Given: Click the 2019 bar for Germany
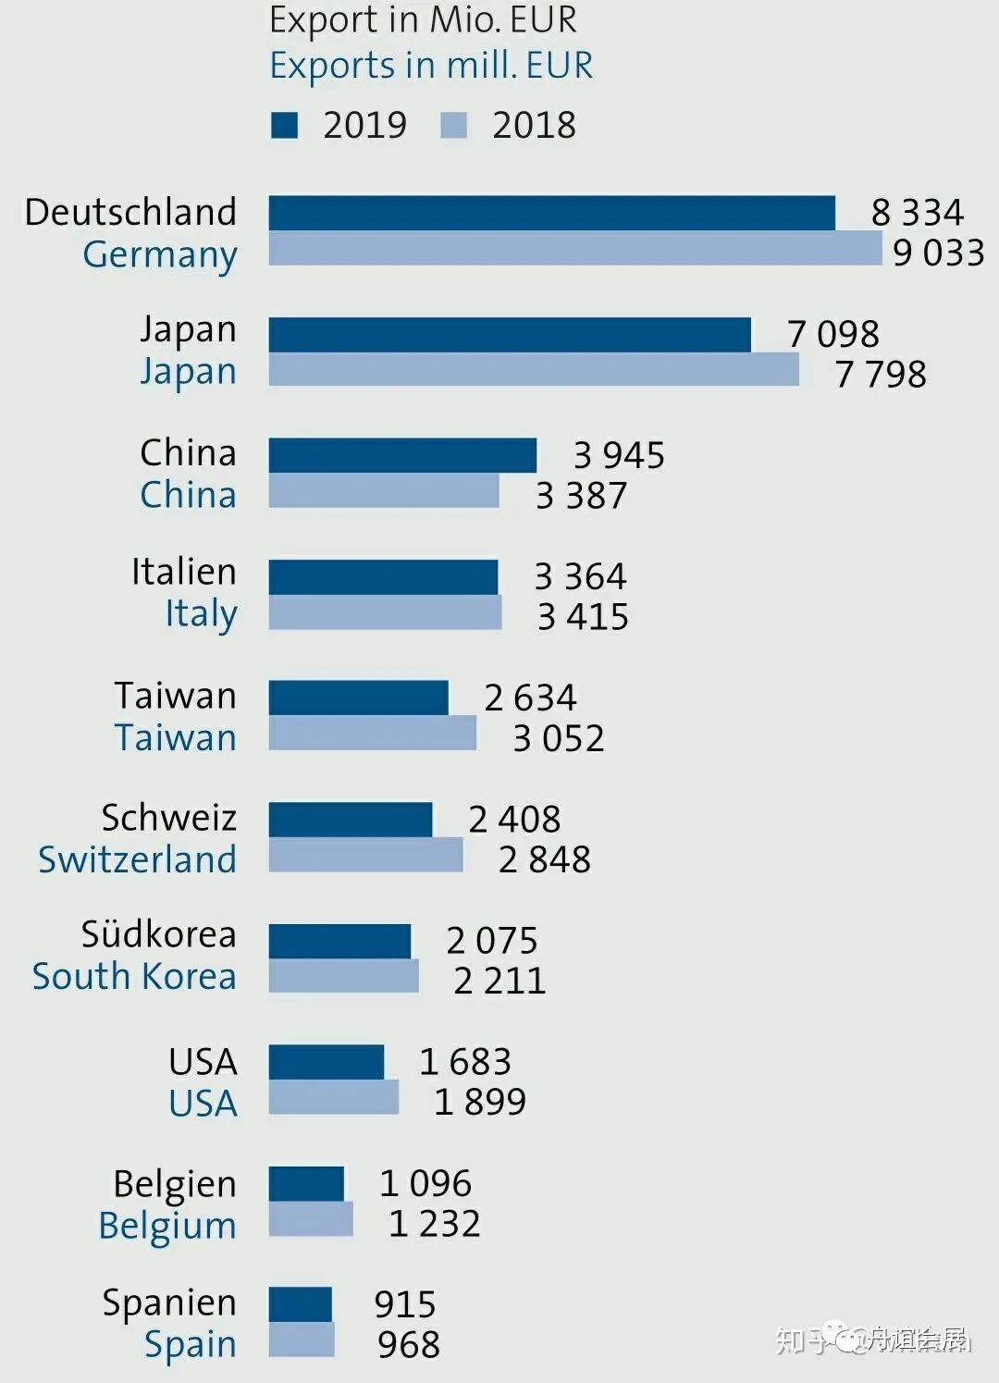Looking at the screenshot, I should [551, 213].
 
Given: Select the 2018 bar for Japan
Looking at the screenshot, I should [534, 369].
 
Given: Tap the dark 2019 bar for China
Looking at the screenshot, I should [402, 455].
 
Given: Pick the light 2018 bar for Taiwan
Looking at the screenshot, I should [372, 734].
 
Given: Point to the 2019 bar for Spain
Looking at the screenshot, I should [300, 1304].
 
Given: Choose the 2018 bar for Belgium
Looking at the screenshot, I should [310, 1219].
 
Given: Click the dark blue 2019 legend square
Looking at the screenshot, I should [284, 125].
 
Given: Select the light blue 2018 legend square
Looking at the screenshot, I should [453, 125].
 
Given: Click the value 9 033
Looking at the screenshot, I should [938, 253].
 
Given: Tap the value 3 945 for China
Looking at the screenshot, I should [619, 455].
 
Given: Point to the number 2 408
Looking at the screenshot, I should [514, 819].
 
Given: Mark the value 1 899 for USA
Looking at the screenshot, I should [480, 1101].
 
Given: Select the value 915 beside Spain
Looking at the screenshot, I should [405, 1304].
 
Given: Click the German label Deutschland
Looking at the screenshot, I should [130, 212].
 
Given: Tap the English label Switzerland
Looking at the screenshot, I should [137, 859].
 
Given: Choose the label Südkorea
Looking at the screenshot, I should [158, 934].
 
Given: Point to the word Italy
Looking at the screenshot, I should [201, 613].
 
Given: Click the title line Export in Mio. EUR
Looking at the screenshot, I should [423, 19].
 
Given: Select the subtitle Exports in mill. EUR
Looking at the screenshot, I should [431, 66].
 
